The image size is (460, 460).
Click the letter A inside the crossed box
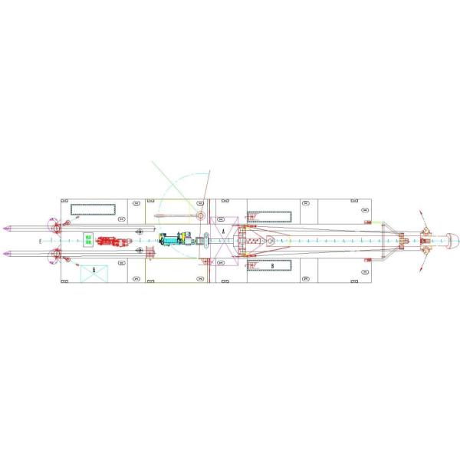coord(223,230)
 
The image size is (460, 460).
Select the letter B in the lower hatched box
coord(271,265)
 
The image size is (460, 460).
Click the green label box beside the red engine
coord(88,240)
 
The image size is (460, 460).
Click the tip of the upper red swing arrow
coord(420,210)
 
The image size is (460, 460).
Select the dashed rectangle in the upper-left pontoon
coord(93,209)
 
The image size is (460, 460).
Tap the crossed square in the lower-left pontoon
coord(94,270)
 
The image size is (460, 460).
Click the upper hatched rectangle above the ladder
coord(270,209)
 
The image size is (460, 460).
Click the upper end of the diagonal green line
coord(152,162)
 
